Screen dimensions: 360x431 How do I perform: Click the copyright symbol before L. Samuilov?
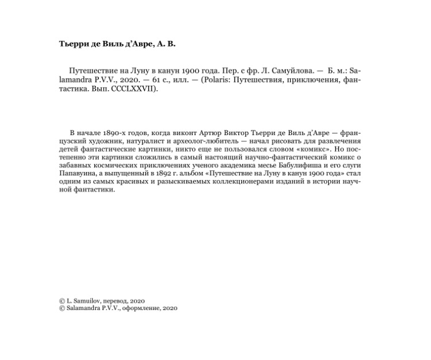[62, 300]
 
